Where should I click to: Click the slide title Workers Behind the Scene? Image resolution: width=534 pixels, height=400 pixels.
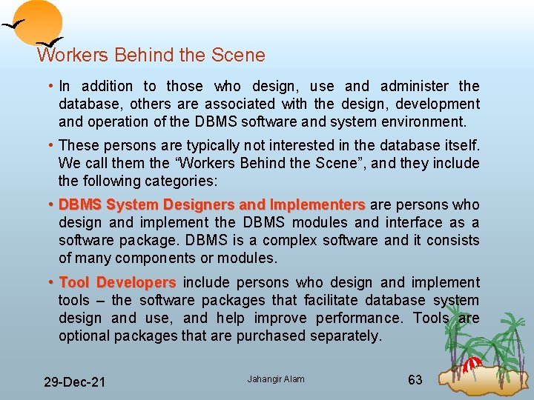(x=151, y=55)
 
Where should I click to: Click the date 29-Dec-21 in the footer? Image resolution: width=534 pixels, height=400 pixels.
(x=74, y=382)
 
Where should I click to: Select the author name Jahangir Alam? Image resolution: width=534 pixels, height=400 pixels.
(x=276, y=379)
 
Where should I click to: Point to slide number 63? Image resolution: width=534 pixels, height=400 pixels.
(x=415, y=380)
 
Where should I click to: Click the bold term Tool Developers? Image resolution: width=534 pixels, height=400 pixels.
(x=117, y=282)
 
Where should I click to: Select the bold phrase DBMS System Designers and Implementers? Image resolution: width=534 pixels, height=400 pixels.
(x=212, y=204)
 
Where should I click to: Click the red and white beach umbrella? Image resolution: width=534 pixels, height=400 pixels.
(x=472, y=364)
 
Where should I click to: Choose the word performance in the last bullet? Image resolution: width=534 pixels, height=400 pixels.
(x=357, y=318)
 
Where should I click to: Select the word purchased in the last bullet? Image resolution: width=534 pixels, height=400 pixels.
(x=271, y=336)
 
